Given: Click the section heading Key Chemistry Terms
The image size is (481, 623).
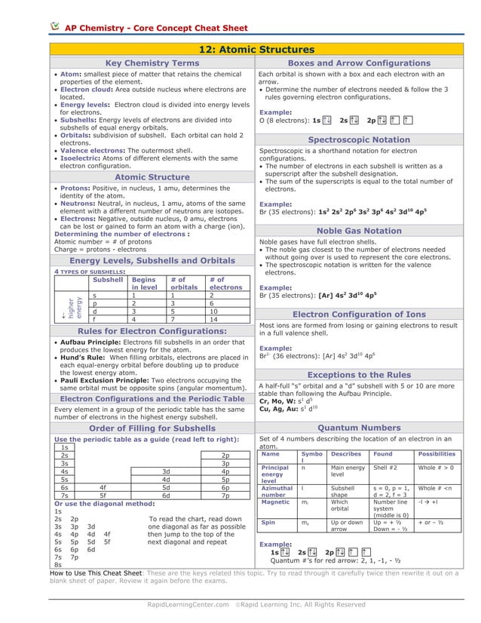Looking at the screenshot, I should tap(152, 63).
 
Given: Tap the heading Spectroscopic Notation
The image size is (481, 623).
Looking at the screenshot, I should tap(359, 140).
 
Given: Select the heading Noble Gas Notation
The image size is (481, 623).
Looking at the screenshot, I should tap(359, 231).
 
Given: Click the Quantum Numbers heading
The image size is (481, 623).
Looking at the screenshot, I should tap(359, 428).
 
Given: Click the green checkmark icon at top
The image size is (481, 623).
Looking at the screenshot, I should tap(55, 26).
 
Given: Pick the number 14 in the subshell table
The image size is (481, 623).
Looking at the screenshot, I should tap(213, 319).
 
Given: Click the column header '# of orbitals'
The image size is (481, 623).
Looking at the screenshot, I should tap(184, 284).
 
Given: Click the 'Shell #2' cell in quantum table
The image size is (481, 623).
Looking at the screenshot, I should tap(385, 468).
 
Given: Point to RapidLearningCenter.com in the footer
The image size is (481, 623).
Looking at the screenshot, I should tap(188, 604).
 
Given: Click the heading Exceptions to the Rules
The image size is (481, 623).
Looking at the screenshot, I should tap(359, 375).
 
